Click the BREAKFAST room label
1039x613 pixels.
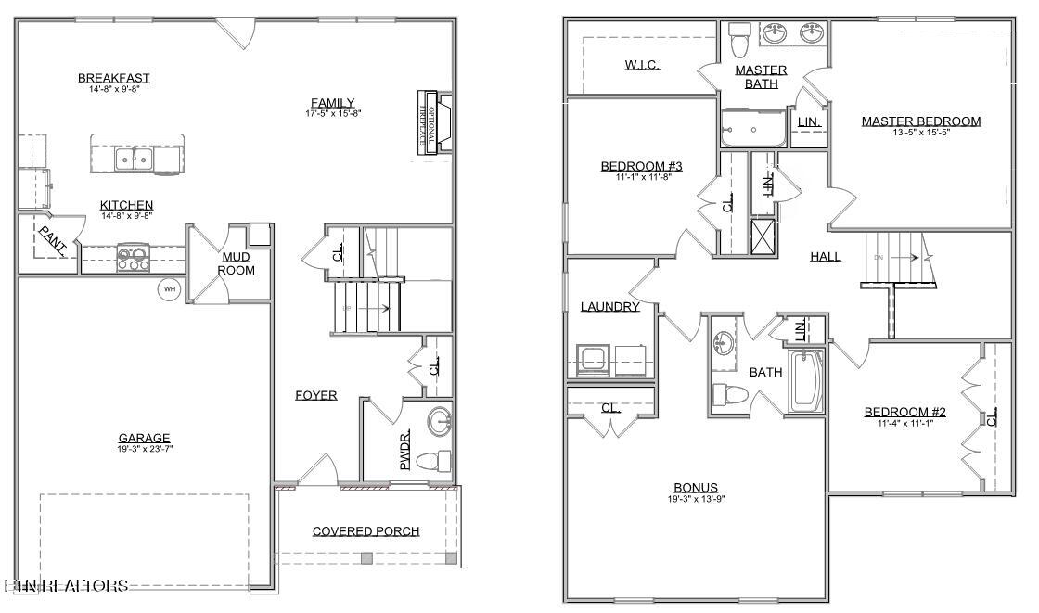tap(114, 78)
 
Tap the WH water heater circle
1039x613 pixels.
tap(170, 288)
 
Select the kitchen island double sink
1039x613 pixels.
tap(135, 159)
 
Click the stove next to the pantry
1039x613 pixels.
tap(134, 256)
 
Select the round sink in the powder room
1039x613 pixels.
tap(440, 422)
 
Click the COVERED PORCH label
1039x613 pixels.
tap(366, 531)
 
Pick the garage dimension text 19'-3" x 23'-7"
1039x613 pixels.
tap(144, 450)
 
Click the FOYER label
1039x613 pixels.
tap(315, 395)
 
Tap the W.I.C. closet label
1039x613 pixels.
tap(642, 65)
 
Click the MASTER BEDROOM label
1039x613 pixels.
tap(920, 121)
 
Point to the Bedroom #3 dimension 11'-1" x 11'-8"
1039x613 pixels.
tap(641, 177)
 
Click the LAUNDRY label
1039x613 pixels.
tap(609, 306)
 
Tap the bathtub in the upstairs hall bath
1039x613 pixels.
tap(804, 380)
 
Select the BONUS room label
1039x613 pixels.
tap(695, 488)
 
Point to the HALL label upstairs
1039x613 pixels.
tap(825, 256)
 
